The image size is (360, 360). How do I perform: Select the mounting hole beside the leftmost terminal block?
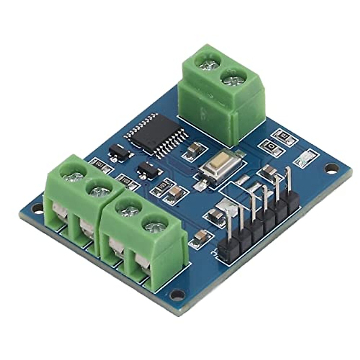(37, 207)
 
